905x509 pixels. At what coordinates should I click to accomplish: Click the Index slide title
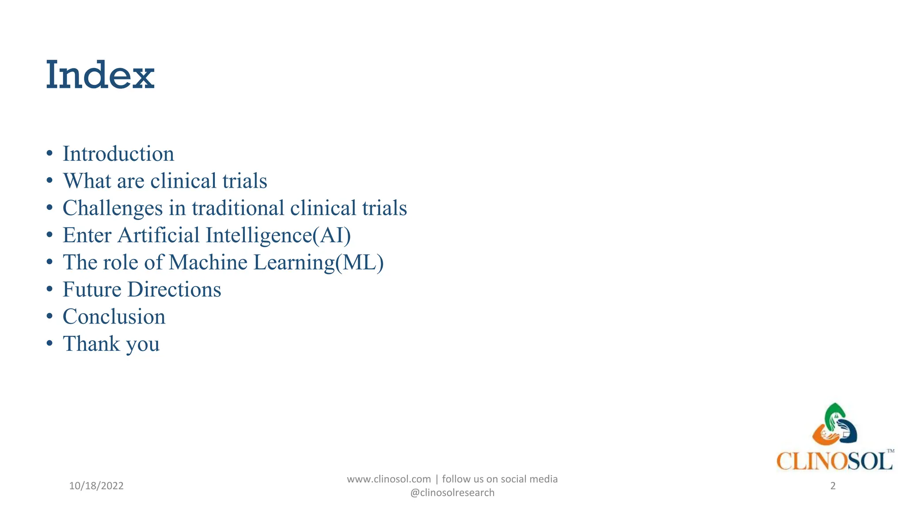(x=100, y=75)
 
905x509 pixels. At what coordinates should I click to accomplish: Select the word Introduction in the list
(x=118, y=154)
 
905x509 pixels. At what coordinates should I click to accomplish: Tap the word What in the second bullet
(x=87, y=181)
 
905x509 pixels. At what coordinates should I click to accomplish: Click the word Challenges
(x=113, y=208)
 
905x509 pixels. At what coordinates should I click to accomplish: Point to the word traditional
(x=238, y=208)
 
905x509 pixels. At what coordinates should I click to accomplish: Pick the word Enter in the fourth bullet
(x=87, y=235)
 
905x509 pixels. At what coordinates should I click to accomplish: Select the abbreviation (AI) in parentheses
(x=332, y=235)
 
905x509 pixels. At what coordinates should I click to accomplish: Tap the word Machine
(x=208, y=262)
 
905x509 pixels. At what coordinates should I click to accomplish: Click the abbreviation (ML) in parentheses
(x=360, y=262)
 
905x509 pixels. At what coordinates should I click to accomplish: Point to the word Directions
(x=175, y=289)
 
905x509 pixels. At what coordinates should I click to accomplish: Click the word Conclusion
(x=114, y=317)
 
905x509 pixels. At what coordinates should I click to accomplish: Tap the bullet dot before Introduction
(x=49, y=154)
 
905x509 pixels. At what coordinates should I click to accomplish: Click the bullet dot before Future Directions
(x=49, y=290)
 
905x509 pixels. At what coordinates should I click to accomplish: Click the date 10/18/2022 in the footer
(x=96, y=486)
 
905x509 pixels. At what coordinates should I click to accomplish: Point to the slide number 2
(x=833, y=486)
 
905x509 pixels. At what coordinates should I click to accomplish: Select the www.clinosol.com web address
(x=389, y=479)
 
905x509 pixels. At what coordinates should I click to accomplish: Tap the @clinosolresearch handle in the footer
(x=452, y=493)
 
